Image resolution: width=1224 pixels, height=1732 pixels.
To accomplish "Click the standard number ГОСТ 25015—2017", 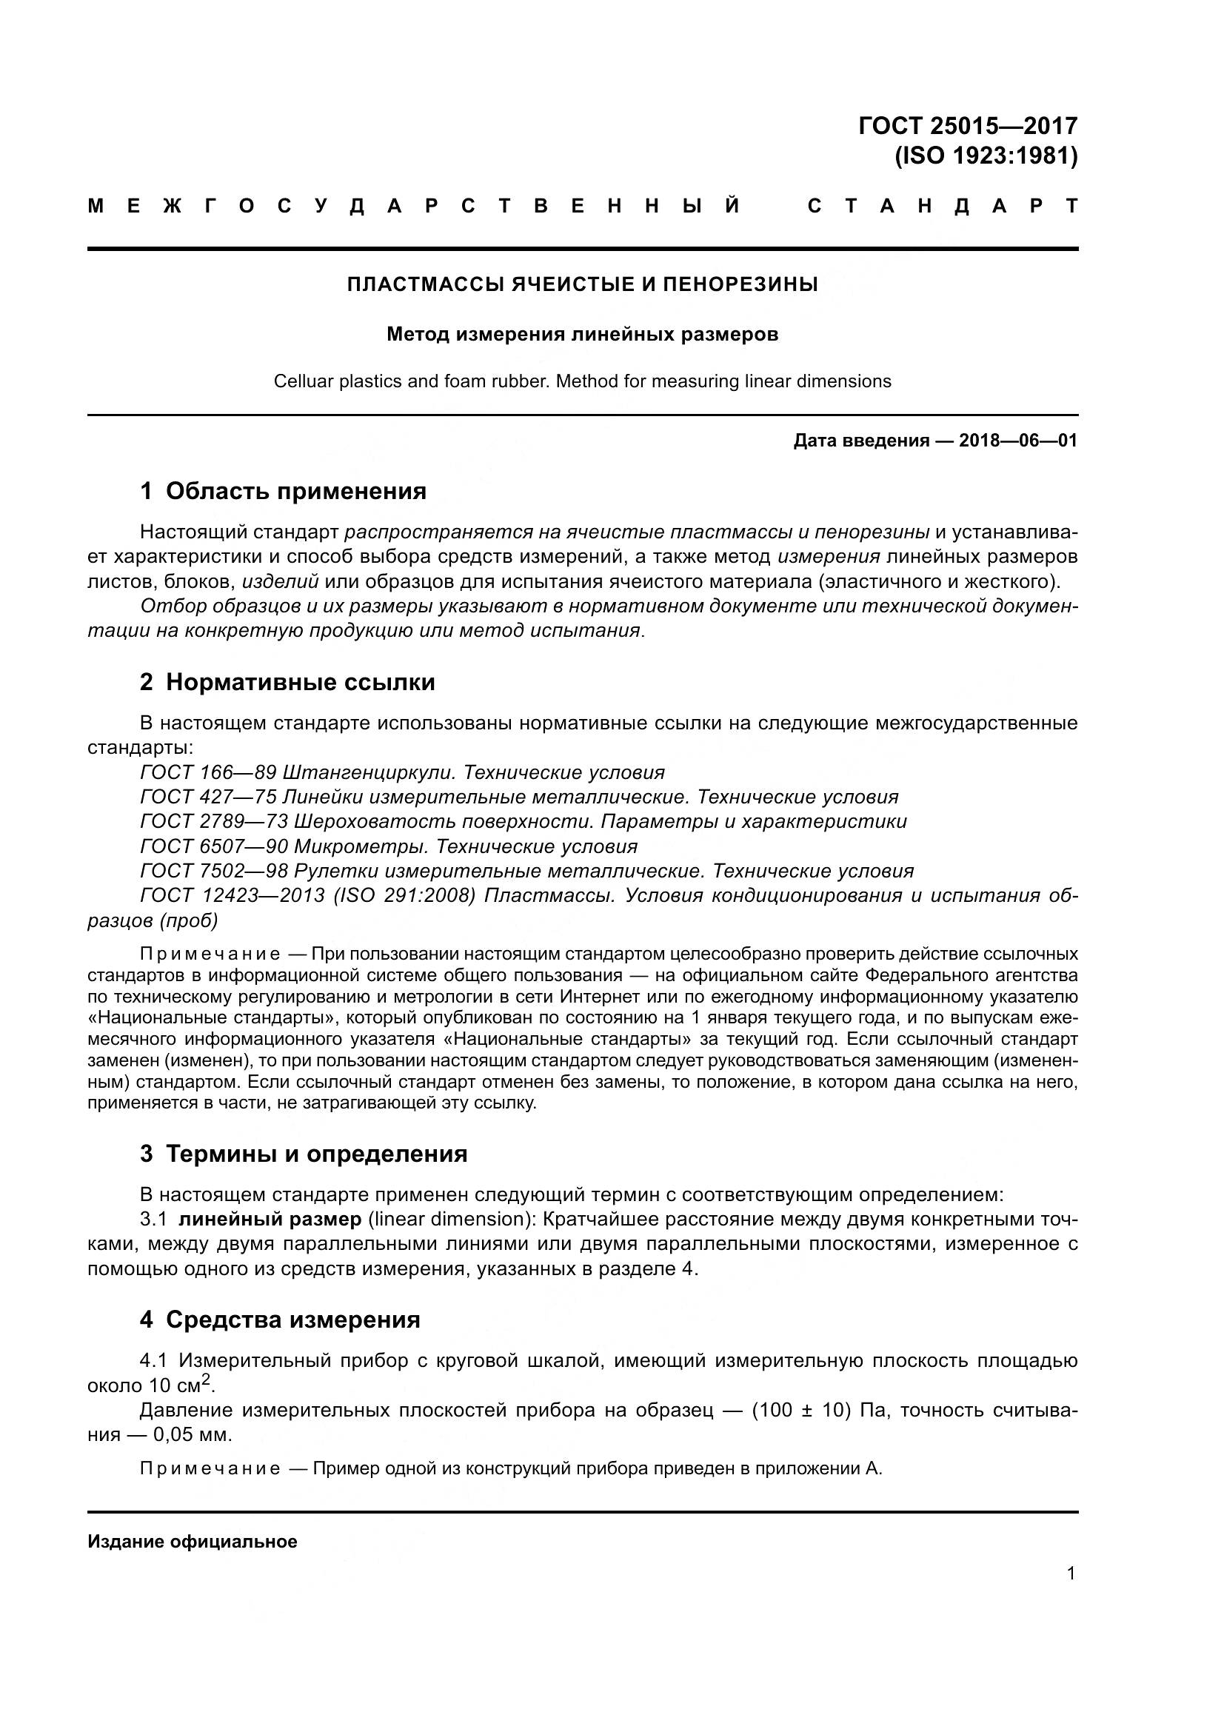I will (x=968, y=125).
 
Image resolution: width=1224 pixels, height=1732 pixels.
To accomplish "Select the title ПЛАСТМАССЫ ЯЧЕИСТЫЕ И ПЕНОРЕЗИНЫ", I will (x=582, y=284).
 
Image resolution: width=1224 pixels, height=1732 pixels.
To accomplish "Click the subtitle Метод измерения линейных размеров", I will (x=582, y=334).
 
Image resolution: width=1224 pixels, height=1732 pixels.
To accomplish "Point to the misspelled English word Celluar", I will (x=300, y=381).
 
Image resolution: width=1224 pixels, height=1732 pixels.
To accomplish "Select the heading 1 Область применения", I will (x=283, y=491).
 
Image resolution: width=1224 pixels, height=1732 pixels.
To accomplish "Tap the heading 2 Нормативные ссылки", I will (x=287, y=683).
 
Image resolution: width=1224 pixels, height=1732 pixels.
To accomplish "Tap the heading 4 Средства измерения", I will (x=280, y=1320).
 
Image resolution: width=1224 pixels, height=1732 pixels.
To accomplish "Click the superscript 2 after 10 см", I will (x=205, y=1377).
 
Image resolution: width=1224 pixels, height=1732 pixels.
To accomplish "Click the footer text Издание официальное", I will (x=193, y=1542).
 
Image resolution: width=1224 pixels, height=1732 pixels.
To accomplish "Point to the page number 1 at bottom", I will (x=1071, y=1574).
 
